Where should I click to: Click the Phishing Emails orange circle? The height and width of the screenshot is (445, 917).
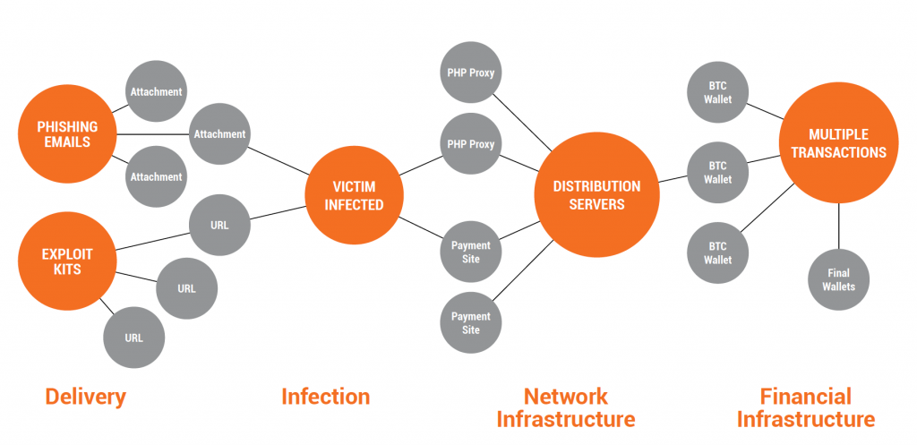68,134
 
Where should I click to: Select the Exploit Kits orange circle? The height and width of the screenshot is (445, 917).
68,261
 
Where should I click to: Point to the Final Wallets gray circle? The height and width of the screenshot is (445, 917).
838,280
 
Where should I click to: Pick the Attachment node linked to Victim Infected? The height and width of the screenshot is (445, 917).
219,134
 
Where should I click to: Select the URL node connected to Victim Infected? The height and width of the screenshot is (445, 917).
219,225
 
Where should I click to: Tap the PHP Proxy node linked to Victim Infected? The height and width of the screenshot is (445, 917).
471,144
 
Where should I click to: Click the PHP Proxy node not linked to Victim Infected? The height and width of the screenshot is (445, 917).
471,72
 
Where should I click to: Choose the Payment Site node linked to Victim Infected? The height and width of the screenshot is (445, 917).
471,252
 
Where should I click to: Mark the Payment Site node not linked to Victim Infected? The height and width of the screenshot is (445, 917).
471,323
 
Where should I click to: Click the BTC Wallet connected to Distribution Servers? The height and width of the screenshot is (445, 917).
717,172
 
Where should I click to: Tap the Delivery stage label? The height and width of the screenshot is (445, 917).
85,397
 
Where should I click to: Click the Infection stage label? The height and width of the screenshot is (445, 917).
325,397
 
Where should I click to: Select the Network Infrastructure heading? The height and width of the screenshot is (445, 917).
566,407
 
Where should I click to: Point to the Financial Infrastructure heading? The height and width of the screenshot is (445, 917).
805,407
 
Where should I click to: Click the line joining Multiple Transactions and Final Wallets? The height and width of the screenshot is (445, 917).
838,226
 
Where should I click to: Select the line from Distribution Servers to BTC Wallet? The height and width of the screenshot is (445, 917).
673,179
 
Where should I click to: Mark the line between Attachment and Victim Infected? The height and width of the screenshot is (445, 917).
279,161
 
